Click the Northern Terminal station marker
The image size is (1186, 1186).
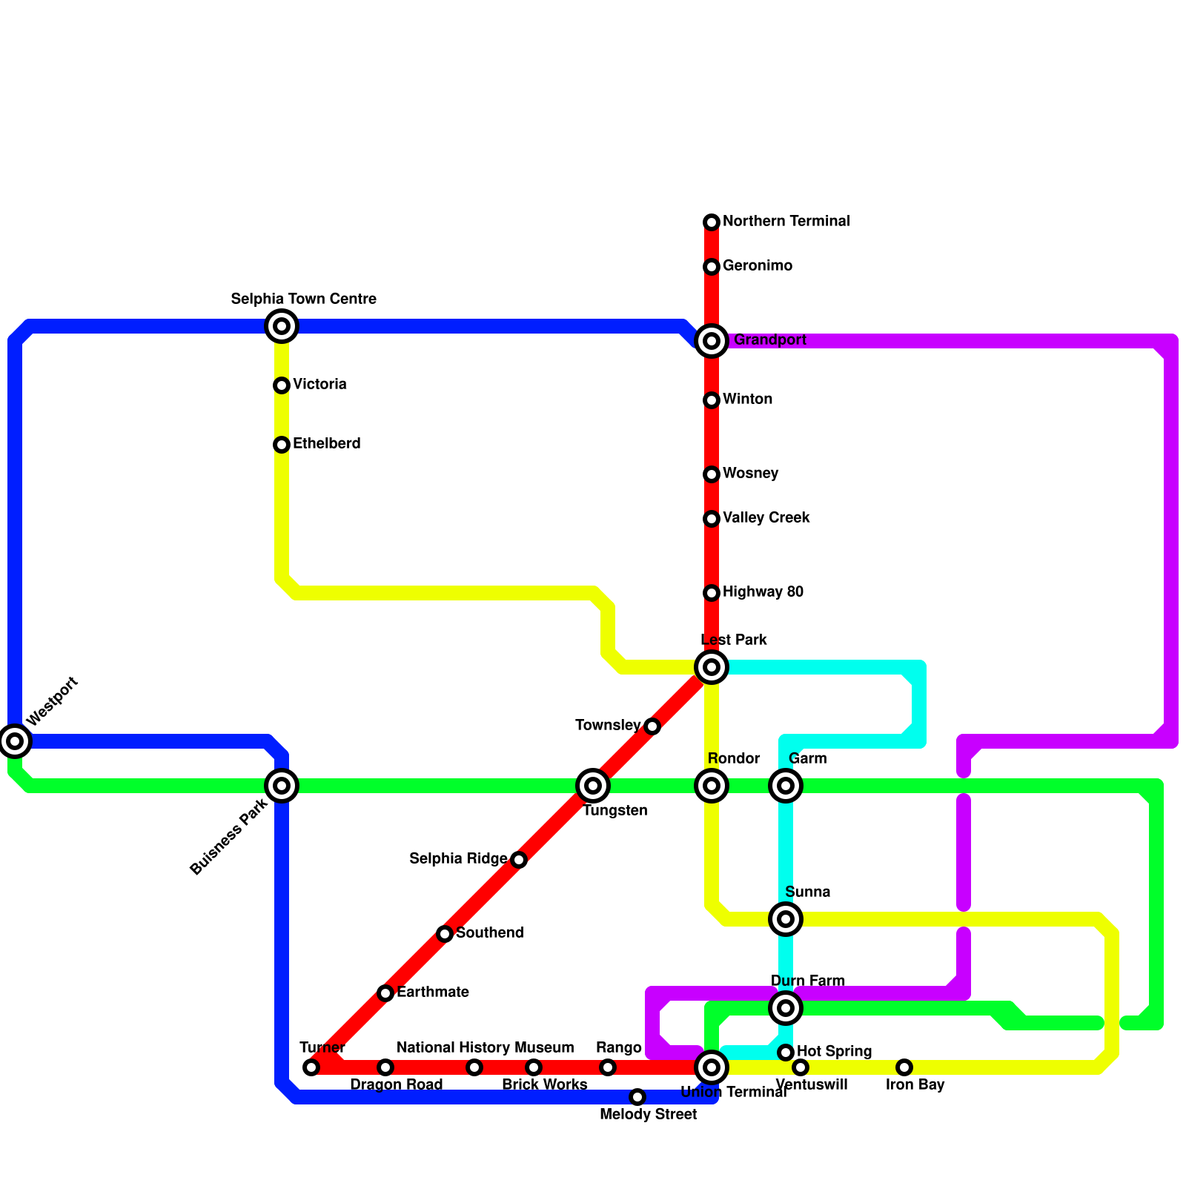712,222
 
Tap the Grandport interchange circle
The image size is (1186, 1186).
712,341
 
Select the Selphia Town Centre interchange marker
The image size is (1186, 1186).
282,326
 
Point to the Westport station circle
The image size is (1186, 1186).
15,740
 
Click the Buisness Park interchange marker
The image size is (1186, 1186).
282,786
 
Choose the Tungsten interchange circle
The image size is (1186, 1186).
593,786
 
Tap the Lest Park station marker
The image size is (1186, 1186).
712,667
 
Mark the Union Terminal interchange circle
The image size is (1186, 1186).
712,1067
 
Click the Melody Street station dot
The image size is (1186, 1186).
637,1096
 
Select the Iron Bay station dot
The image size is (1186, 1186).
904,1067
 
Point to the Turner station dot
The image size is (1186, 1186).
311,1067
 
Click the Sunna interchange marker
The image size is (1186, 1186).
786,919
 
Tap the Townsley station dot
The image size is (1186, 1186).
652,726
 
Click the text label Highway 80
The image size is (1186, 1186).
763,592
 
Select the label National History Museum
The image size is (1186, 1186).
485,1047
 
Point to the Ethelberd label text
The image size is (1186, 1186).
326,444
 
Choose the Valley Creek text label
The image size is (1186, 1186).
766,517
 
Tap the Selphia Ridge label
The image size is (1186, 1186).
458,859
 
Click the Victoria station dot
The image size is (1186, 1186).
282,385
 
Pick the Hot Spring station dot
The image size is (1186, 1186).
786,1052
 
